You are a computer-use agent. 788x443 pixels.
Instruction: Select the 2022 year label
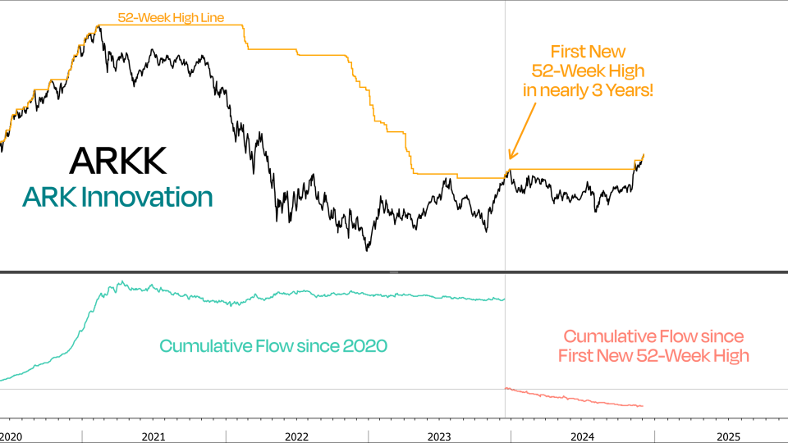coord(297,436)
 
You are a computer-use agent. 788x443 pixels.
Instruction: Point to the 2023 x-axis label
coord(441,436)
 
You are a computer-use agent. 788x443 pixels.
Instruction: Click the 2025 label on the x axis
coord(728,436)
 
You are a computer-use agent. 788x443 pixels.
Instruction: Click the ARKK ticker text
coord(118,161)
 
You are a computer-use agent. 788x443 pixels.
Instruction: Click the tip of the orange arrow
coord(510,159)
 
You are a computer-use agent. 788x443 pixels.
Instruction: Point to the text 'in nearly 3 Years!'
coord(589,90)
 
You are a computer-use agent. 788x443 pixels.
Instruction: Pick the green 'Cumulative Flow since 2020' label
coord(273,345)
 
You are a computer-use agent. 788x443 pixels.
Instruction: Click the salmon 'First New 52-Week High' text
coord(653,355)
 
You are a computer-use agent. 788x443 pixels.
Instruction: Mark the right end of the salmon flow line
coord(643,406)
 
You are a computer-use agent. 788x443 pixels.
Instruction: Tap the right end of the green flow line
coord(504,299)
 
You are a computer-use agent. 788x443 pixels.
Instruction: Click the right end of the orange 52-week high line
coord(644,153)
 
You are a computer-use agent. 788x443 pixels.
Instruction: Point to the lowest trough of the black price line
coord(367,249)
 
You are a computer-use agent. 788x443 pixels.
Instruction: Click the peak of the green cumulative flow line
coord(121,282)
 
